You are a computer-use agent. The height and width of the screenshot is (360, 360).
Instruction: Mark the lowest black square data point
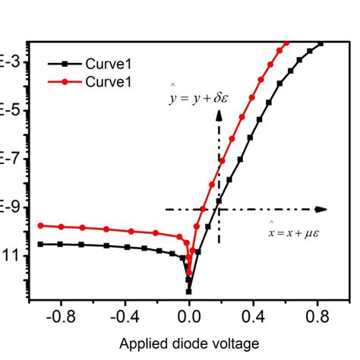(188, 290)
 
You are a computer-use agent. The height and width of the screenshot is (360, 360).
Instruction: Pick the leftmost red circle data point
(41, 226)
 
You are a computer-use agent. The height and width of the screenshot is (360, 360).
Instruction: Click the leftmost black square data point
(41, 244)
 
